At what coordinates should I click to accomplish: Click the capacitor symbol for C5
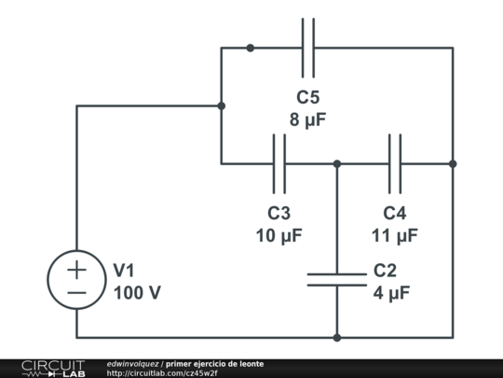coord(308,48)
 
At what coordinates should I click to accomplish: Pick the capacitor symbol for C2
coord(337,279)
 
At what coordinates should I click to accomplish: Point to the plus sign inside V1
coord(76,269)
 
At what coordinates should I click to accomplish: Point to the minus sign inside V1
coord(76,292)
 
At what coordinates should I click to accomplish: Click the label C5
coord(308,97)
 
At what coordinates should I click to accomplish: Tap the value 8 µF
coord(308,119)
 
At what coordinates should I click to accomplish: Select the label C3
coord(279,213)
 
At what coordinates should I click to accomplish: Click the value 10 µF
coord(279,235)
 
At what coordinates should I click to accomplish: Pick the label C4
coord(395,213)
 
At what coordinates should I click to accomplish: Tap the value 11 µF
coord(395,235)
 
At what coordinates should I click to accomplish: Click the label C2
coord(386,271)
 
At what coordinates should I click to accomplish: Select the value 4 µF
coord(391,293)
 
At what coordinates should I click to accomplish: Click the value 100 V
coord(137,293)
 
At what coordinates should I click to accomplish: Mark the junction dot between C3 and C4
coord(337,163)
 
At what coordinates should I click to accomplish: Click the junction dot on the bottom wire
coord(337,338)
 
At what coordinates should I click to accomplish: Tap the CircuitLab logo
coord(52,368)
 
